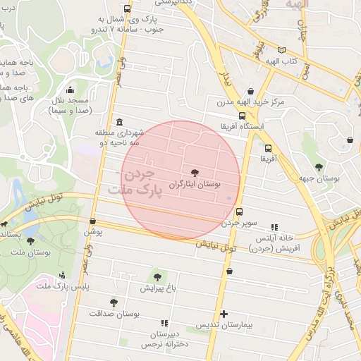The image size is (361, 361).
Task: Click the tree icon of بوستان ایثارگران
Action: (x=195, y=172)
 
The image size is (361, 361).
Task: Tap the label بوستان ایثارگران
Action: (x=195, y=183)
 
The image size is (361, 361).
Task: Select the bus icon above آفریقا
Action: (x=268, y=148)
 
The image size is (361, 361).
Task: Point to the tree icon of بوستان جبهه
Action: (x=319, y=168)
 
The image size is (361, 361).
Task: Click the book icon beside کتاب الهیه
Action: (x=282, y=51)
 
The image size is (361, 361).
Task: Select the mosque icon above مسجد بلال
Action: (x=69, y=90)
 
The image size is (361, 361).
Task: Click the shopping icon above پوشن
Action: (x=93, y=221)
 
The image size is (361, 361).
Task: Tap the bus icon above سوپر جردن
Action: (x=239, y=211)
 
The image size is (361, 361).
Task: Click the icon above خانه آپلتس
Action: (x=274, y=227)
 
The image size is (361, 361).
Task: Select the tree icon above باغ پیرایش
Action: (x=157, y=277)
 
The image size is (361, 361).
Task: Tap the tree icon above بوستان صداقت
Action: (x=114, y=302)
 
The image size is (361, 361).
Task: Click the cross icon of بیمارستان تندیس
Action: (x=224, y=314)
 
